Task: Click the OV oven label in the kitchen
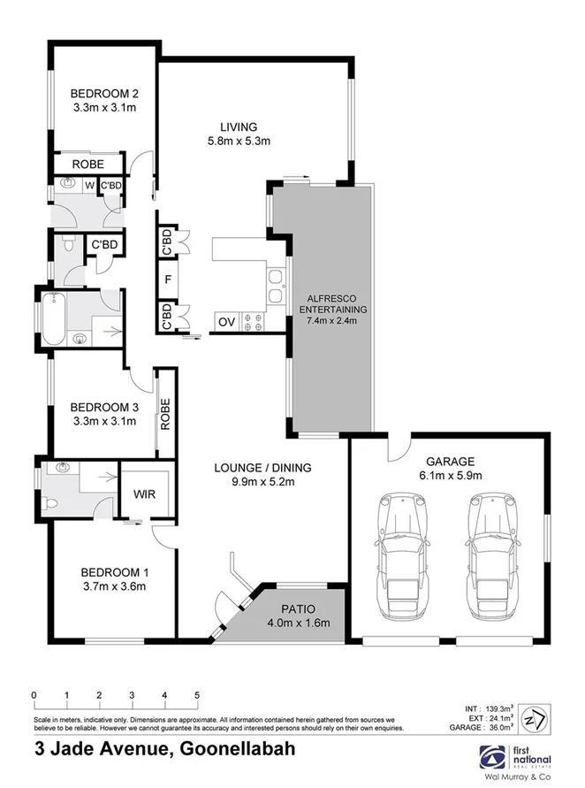(226, 322)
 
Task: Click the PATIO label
(300, 608)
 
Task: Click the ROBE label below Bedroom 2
(88, 164)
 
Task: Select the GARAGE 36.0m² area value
(509, 728)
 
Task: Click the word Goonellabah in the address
(236, 749)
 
